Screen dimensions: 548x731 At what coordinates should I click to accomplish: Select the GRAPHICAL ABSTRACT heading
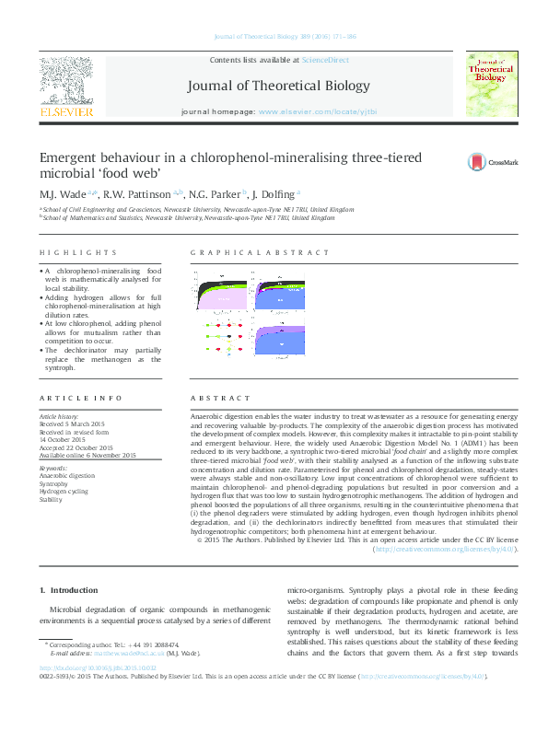pos(259,252)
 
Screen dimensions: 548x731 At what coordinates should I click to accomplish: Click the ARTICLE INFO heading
pos(80,398)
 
